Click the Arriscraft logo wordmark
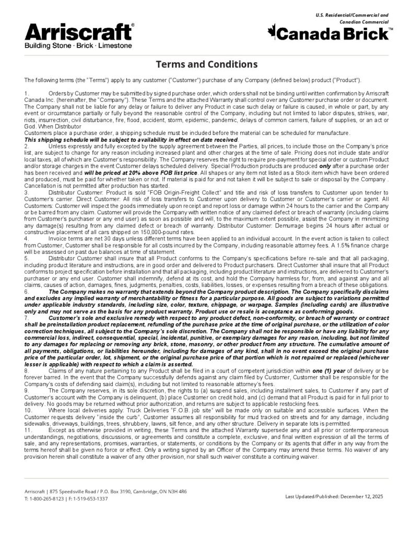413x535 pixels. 78,32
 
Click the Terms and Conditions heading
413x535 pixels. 206,64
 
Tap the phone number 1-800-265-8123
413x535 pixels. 48,498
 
